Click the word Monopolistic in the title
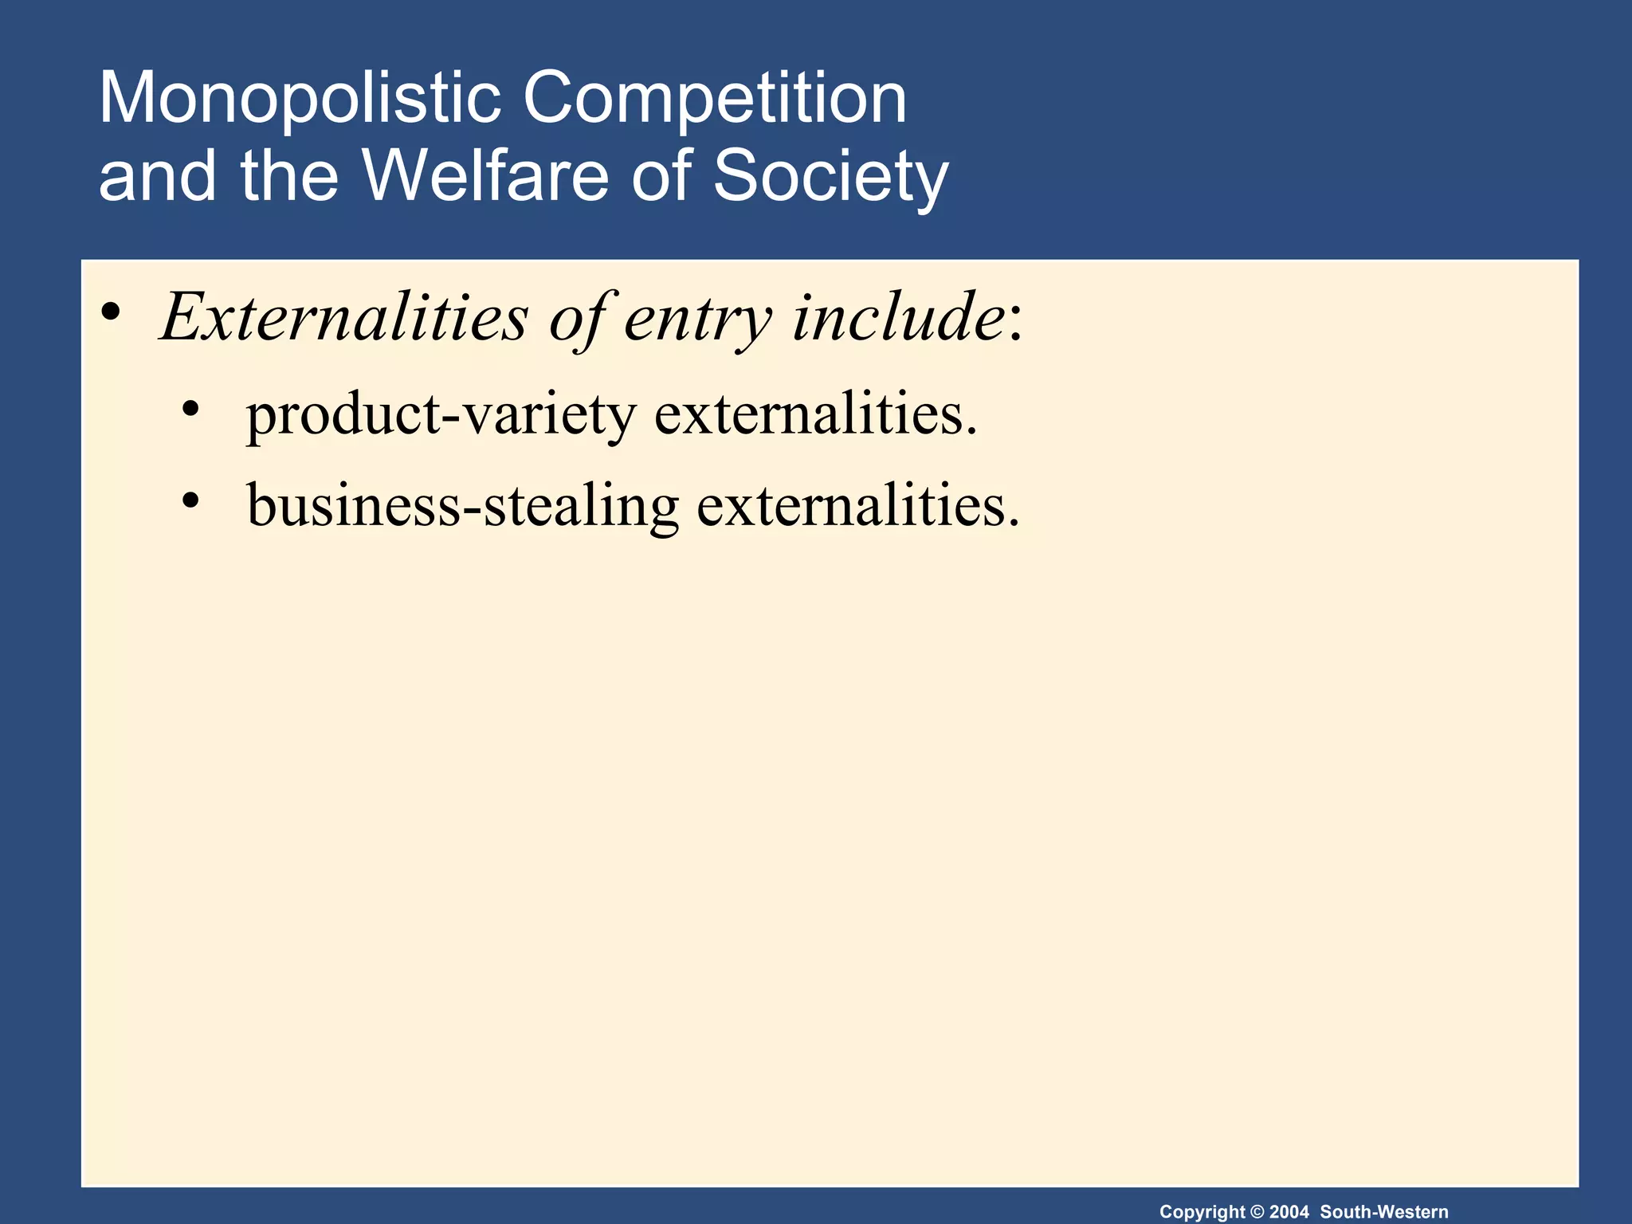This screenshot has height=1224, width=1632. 299,98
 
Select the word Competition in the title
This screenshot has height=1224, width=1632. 715,98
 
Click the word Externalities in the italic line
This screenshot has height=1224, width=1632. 344,317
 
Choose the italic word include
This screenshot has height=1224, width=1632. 899,317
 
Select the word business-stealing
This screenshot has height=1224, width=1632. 463,506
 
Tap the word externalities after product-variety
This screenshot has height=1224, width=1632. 815,415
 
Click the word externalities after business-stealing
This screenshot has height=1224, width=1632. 857,506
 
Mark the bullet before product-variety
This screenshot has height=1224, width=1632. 190,410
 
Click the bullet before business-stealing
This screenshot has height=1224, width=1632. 190,501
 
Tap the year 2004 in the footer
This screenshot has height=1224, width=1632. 1289,1212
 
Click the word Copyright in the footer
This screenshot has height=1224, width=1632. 1202,1212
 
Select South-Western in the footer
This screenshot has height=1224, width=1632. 1384,1212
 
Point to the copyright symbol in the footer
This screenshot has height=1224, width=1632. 1257,1212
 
